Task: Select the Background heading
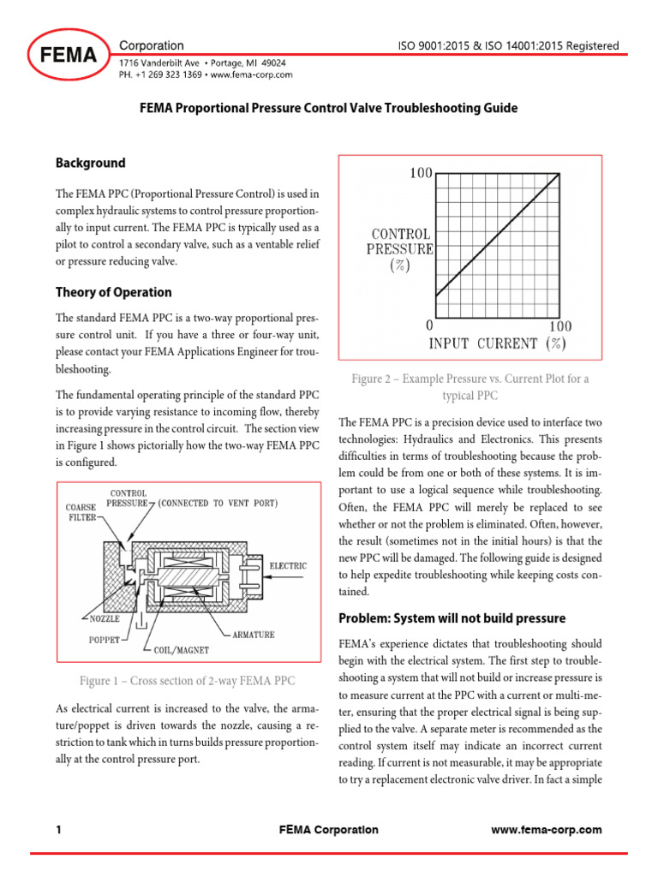(x=90, y=163)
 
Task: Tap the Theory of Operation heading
(x=113, y=292)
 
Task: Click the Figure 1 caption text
(x=187, y=681)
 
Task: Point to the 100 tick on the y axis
(x=421, y=174)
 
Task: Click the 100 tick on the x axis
(x=559, y=326)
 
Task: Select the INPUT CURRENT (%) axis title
(x=497, y=343)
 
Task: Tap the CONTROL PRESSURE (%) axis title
(x=399, y=249)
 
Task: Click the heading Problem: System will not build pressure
(x=452, y=618)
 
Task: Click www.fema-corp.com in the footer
(x=547, y=830)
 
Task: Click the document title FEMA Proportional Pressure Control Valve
(x=328, y=109)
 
